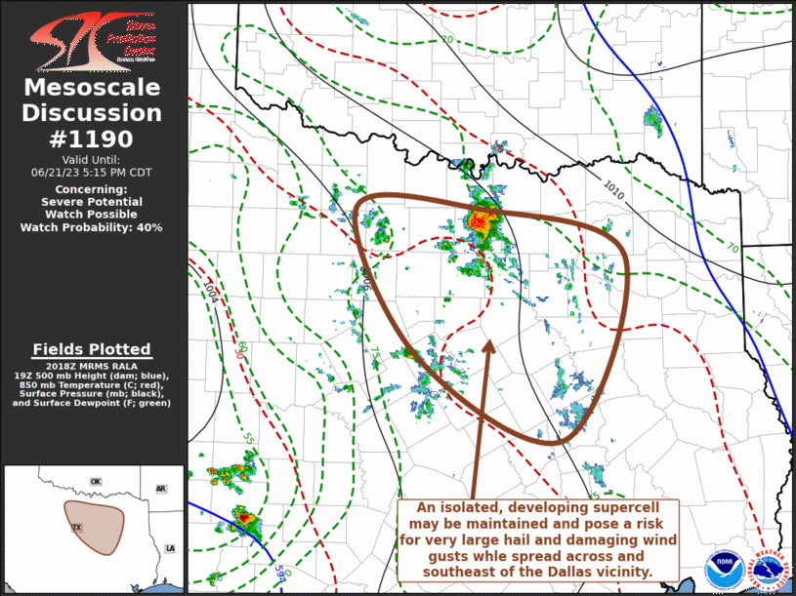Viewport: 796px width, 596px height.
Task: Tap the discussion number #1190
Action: [x=93, y=139]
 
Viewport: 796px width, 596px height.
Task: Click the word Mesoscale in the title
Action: [x=93, y=88]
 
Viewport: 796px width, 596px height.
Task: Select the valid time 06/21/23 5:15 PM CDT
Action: [x=92, y=172]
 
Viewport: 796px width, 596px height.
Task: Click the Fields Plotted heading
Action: [x=92, y=349]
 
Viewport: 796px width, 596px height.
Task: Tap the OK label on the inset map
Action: [x=96, y=482]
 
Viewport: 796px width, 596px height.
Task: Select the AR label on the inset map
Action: [x=160, y=489]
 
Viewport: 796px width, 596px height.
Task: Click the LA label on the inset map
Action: [x=170, y=549]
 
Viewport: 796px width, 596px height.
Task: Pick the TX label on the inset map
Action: [x=76, y=528]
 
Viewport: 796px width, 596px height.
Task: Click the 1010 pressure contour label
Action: [x=612, y=185]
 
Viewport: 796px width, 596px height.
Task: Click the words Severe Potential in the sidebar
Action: [x=92, y=202]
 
